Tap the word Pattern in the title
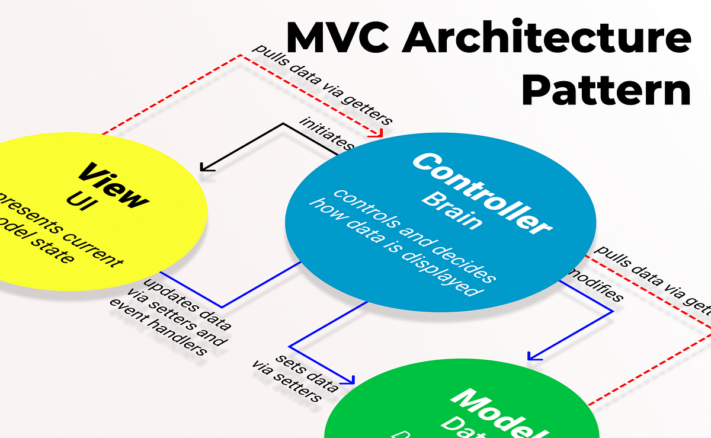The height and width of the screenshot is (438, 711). [607, 90]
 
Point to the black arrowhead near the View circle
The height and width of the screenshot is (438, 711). [206, 168]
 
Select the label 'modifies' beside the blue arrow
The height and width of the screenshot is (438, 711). [595, 285]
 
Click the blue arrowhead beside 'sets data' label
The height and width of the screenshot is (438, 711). [351, 380]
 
